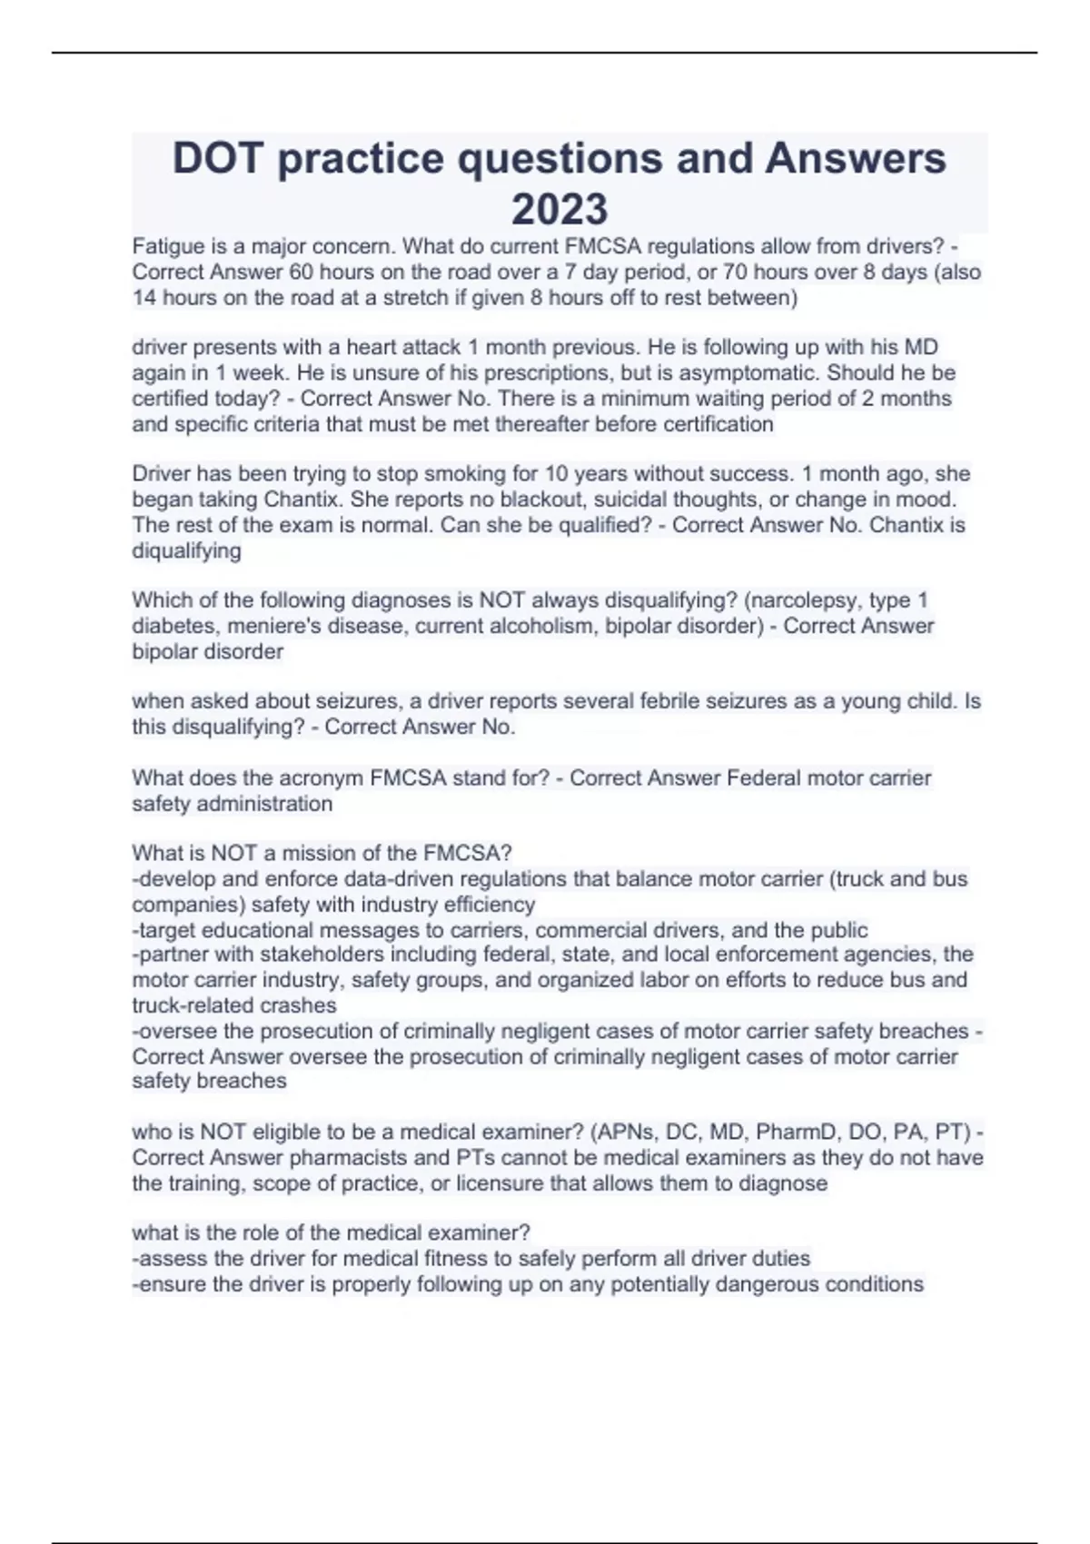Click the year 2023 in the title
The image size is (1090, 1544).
(x=559, y=209)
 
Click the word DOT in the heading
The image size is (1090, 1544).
(x=218, y=158)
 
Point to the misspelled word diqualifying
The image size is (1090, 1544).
(x=186, y=551)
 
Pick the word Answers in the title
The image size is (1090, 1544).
(x=856, y=158)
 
